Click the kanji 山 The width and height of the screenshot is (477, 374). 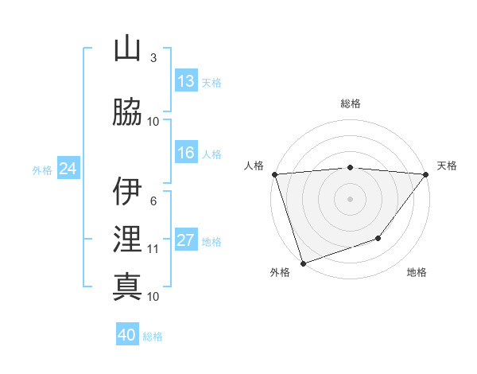127,50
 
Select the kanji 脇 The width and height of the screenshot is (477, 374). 127,111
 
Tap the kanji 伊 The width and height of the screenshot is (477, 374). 127,192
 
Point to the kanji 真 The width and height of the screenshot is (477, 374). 127,286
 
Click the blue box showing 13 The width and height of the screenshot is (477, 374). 185,81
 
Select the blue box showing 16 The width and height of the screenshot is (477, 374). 185,153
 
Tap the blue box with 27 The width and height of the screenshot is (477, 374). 185,241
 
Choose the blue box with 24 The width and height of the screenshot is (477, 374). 68,169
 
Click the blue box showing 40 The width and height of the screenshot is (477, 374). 127,335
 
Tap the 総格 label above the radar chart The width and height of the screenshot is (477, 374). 350,103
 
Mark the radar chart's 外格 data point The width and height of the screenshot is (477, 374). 303,263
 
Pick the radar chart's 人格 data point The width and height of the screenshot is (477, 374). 274,174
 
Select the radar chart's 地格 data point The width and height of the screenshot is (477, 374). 379,238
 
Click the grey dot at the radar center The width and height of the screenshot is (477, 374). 350,198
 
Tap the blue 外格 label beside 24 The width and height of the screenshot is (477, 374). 41,169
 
